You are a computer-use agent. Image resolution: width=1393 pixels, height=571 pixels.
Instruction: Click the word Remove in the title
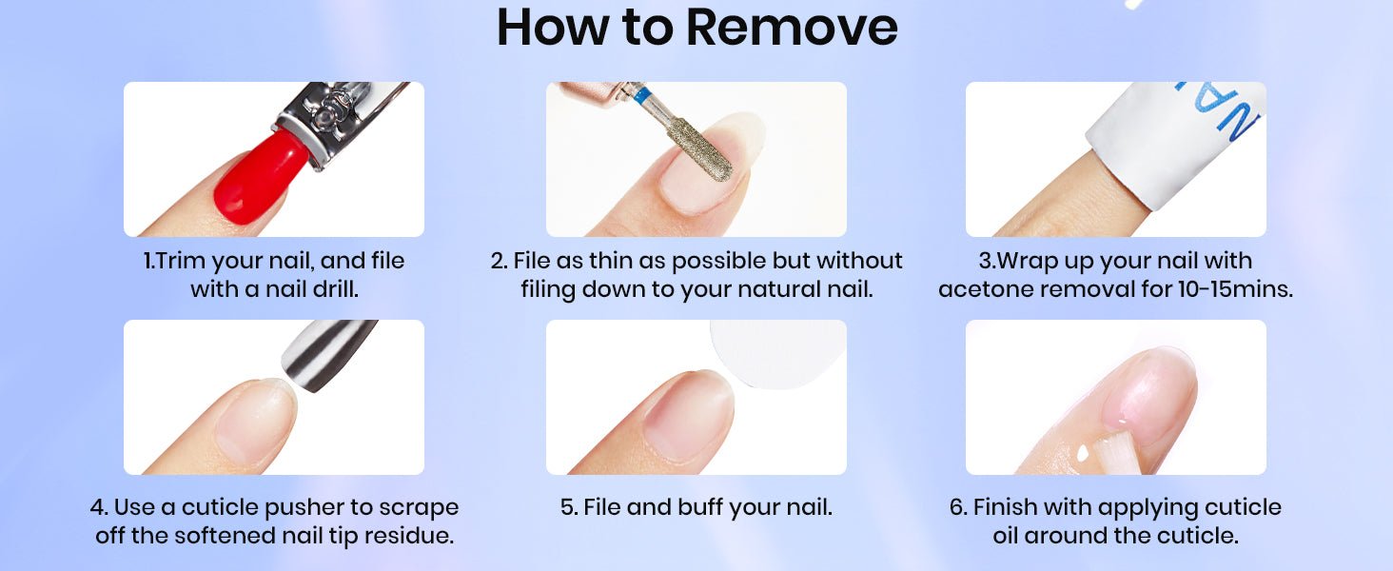(x=792, y=28)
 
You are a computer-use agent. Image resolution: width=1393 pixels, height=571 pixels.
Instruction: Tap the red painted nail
(x=261, y=177)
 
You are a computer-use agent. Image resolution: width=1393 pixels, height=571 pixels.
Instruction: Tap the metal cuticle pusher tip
(x=328, y=355)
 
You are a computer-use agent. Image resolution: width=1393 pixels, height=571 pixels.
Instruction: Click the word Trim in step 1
(x=180, y=261)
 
